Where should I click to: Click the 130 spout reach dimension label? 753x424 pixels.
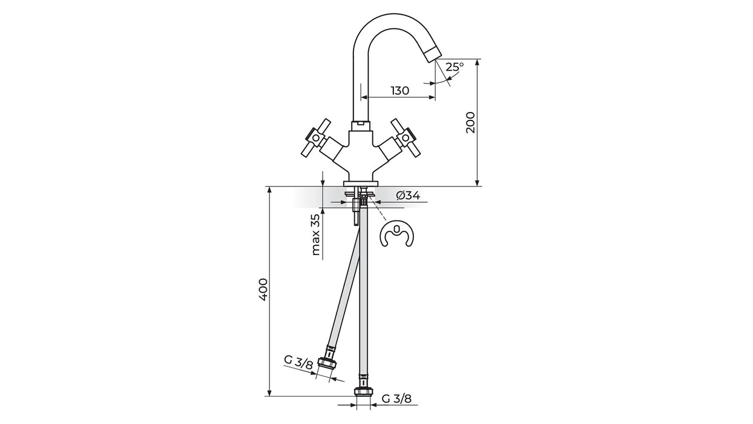pyautogui.click(x=400, y=90)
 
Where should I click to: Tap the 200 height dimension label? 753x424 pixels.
pyautogui.click(x=471, y=122)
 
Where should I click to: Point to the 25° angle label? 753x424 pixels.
pyautogui.click(x=455, y=67)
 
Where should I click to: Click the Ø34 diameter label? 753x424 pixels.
pyautogui.click(x=408, y=196)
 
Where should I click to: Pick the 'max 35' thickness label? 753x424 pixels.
pyautogui.click(x=315, y=234)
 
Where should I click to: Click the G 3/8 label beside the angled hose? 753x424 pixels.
pyautogui.click(x=298, y=362)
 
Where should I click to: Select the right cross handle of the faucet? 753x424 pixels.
pyautogui.click(x=406, y=137)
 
